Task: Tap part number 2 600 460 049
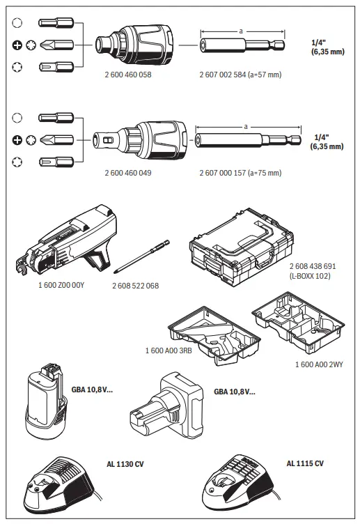pyautogui.click(x=128, y=172)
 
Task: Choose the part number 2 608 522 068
pyautogui.click(x=134, y=286)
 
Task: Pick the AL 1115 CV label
pyautogui.click(x=305, y=463)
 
